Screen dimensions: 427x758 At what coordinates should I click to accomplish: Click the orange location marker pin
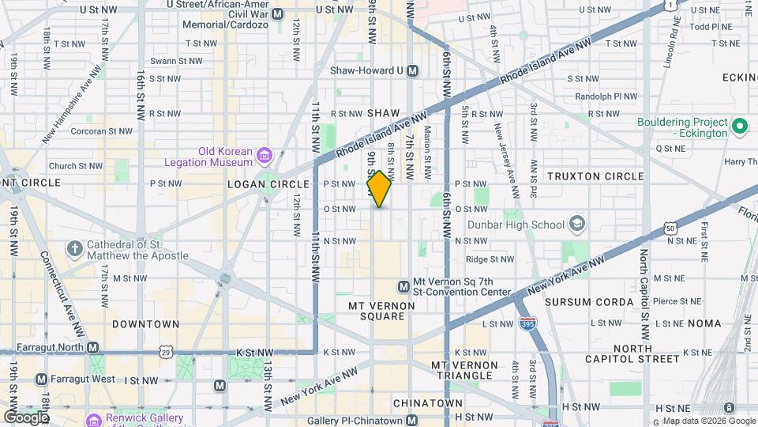point(379,188)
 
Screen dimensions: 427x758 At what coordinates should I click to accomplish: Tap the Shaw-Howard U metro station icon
point(411,71)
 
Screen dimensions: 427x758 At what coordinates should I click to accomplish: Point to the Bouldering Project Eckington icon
point(740,125)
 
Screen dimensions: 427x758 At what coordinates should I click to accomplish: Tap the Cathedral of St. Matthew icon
point(75,250)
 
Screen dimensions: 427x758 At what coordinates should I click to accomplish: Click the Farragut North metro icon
point(93,348)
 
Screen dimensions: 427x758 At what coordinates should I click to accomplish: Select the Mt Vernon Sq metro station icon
point(403,285)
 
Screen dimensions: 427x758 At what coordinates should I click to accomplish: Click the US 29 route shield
point(164,350)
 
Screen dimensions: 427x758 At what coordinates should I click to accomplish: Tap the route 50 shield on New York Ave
point(670,228)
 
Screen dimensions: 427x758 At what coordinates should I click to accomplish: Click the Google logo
point(26,417)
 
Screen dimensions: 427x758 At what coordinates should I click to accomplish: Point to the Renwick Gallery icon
point(93,419)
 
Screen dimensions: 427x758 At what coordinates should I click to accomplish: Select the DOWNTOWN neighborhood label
point(146,324)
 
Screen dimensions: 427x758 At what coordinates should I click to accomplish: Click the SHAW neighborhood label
point(383,114)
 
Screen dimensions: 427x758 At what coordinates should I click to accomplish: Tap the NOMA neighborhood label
point(704,323)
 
